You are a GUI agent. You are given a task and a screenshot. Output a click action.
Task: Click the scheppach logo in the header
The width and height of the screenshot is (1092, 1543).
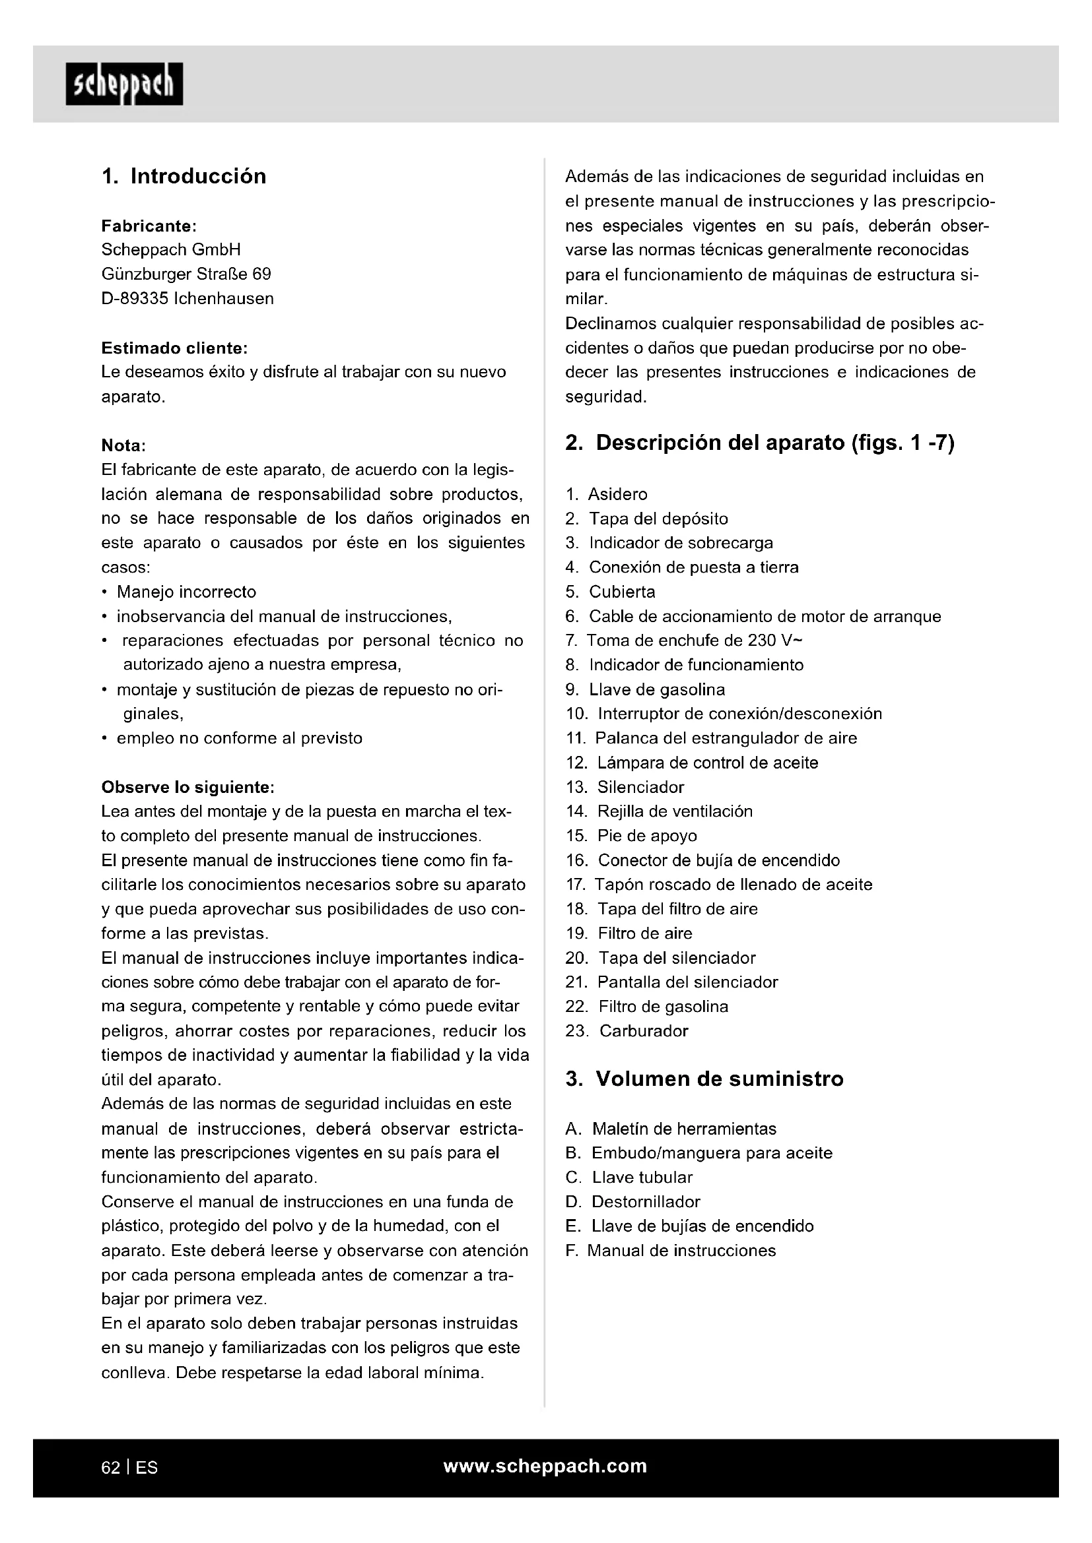[x=124, y=84]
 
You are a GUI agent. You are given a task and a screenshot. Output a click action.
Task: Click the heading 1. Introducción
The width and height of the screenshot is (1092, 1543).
[x=184, y=176]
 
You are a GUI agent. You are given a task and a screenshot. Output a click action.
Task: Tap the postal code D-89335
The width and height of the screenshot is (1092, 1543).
[x=135, y=298]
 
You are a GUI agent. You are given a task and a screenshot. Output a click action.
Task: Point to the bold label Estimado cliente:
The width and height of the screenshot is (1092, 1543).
[x=174, y=348]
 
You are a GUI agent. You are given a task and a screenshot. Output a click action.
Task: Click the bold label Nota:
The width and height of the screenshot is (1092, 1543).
[x=123, y=445]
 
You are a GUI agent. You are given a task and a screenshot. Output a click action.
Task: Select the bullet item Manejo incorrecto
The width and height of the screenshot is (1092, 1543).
[x=186, y=592]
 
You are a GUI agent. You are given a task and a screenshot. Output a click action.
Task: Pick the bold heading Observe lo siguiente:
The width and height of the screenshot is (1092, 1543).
[x=188, y=787]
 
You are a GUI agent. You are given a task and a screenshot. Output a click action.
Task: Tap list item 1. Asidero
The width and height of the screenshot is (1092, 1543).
[x=607, y=495]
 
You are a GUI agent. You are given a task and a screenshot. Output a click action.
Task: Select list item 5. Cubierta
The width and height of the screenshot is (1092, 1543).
[x=611, y=592]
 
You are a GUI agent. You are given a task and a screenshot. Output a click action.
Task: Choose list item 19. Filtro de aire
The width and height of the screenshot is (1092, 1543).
[x=629, y=933]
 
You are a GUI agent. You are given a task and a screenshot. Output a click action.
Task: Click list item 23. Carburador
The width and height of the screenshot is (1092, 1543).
[x=627, y=1031]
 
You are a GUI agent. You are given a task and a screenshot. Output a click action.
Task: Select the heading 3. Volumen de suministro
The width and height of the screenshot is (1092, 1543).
[x=704, y=1079]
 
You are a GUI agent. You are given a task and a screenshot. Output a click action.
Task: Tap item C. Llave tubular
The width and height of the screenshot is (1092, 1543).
[x=629, y=1178]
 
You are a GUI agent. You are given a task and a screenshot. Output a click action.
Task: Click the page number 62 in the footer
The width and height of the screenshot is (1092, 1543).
[x=111, y=1468]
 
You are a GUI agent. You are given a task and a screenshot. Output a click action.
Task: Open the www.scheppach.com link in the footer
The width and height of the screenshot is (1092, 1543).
[x=545, y=1466]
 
